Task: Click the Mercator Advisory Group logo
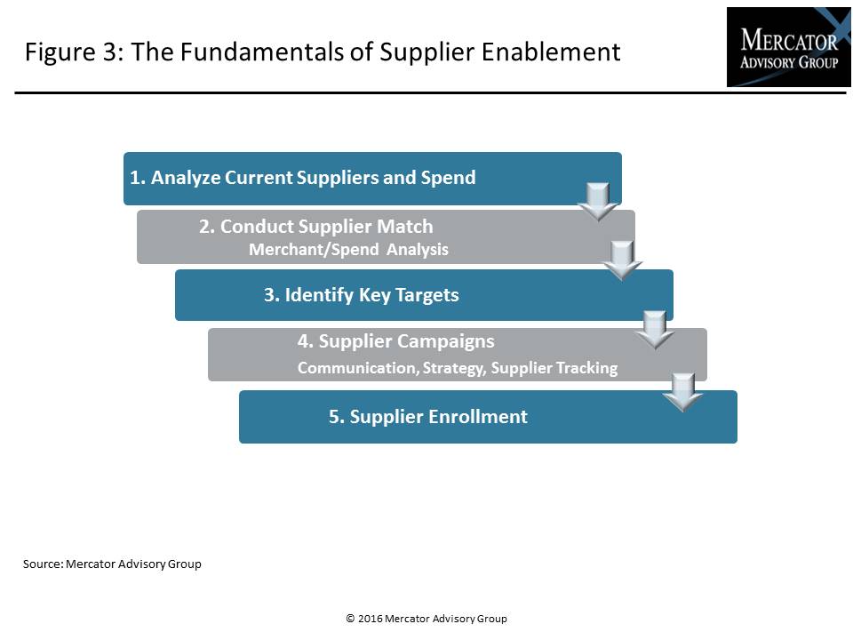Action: [788, 47]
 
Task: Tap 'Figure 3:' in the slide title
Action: [75, 52]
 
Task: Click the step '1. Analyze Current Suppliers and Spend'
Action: [302, 178]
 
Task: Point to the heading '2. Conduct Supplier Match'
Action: [316, 227]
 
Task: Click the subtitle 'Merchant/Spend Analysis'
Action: [348, 249]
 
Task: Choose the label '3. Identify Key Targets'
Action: [362, 294]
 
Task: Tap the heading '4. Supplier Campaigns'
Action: [396, 341]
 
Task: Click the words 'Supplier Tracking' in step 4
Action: [554, 368]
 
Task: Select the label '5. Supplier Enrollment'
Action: [428, 416]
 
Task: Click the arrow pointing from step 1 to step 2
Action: [598, 202]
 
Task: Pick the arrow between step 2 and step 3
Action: [622, 260]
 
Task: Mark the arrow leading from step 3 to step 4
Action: [655, 330]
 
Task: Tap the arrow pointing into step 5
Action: [682, 392]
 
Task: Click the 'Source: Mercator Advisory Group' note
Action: [112, 564]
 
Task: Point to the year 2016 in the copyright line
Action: [370, 619]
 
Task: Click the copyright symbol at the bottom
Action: [350, 619]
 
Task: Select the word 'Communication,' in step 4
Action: [358, 368]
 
